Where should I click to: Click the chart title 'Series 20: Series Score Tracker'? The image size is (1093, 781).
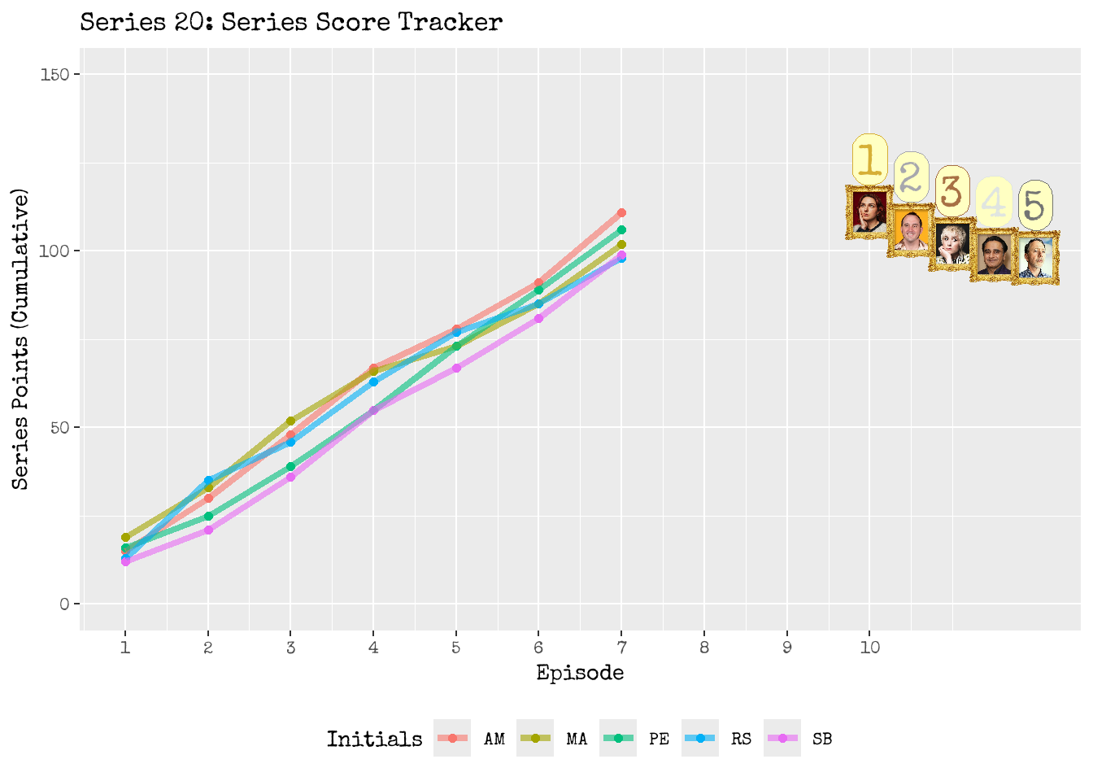coord(291,22)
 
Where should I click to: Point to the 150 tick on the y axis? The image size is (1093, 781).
coord(54,75)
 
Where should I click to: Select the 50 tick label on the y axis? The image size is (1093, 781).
coord(59,428)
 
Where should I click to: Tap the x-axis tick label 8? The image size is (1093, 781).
coord(704,648)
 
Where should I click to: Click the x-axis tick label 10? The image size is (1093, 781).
coord(869,648)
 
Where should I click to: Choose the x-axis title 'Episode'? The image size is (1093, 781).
coord(580,674)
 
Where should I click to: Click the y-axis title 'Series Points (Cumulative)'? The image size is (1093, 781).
coord(21,338)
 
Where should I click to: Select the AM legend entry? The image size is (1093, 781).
coord(472,739)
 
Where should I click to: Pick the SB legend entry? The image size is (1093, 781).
coord(800,739)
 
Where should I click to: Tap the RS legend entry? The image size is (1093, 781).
coord(719,739)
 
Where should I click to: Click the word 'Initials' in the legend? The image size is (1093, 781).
coord(374,739)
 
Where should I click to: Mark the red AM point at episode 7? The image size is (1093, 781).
coord(621,213)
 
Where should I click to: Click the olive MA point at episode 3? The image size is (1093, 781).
coord(290,421)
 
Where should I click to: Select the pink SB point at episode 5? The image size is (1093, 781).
coord(456,368)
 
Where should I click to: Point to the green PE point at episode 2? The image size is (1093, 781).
coord(208,516)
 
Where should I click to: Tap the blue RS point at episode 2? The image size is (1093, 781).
coord(208,480)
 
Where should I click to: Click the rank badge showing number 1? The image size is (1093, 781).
coord(869,159)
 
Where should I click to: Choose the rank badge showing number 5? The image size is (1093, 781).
coord(1035,204)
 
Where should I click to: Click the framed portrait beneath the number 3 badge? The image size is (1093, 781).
coord(952,244)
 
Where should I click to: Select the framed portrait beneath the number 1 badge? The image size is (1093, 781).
coord(869,212)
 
